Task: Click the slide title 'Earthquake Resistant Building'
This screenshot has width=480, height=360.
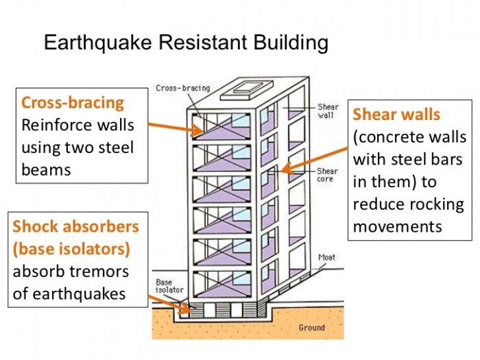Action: [x=186, y=43]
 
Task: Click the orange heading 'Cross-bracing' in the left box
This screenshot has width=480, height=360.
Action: [x=73, y=103]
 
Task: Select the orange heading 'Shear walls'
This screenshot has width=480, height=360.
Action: [x=396, y=114]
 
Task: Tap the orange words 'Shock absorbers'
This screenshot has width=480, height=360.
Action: [x=75, y=226]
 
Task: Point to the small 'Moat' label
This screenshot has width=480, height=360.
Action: [x=326, y=258]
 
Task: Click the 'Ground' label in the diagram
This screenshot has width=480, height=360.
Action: [x=311, y=328]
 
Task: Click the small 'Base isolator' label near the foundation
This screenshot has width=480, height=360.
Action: [x=164, y=286]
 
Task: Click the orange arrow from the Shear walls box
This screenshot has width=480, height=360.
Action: [x=315, y=155]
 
